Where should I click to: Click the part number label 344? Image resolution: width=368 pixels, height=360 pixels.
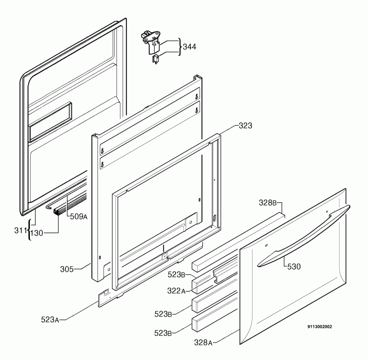[x=190, y=47]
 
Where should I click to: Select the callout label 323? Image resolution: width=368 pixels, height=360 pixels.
[x=246, y=126]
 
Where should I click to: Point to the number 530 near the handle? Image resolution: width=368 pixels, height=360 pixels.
[x=294, y=267]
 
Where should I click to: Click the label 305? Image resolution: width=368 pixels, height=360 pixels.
[x=67, y=269]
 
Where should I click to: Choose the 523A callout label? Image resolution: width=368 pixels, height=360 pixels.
[x=50, y=320]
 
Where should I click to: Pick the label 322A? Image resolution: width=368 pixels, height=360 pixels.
[x=176, y=291]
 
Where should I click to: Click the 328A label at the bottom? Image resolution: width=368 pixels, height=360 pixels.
[x=203, y=343]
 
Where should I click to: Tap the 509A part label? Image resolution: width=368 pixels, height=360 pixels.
[x=79, y=217]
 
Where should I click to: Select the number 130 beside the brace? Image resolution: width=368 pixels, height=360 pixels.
[x=37, y=233]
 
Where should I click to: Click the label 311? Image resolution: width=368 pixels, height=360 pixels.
[x=21, y=230]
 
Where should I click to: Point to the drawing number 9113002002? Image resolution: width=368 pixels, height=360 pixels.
[x=320, y=327]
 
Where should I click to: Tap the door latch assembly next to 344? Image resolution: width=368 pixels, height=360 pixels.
[x=151, y=43]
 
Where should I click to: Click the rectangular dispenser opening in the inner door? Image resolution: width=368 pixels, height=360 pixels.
[x=50, y=122]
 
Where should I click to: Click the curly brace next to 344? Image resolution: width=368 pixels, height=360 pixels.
[x=180, y=47]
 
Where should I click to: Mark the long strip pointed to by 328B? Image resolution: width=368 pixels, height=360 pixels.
[x=238, y=241]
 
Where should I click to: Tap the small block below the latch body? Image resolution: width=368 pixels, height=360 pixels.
[x=155, y=59]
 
